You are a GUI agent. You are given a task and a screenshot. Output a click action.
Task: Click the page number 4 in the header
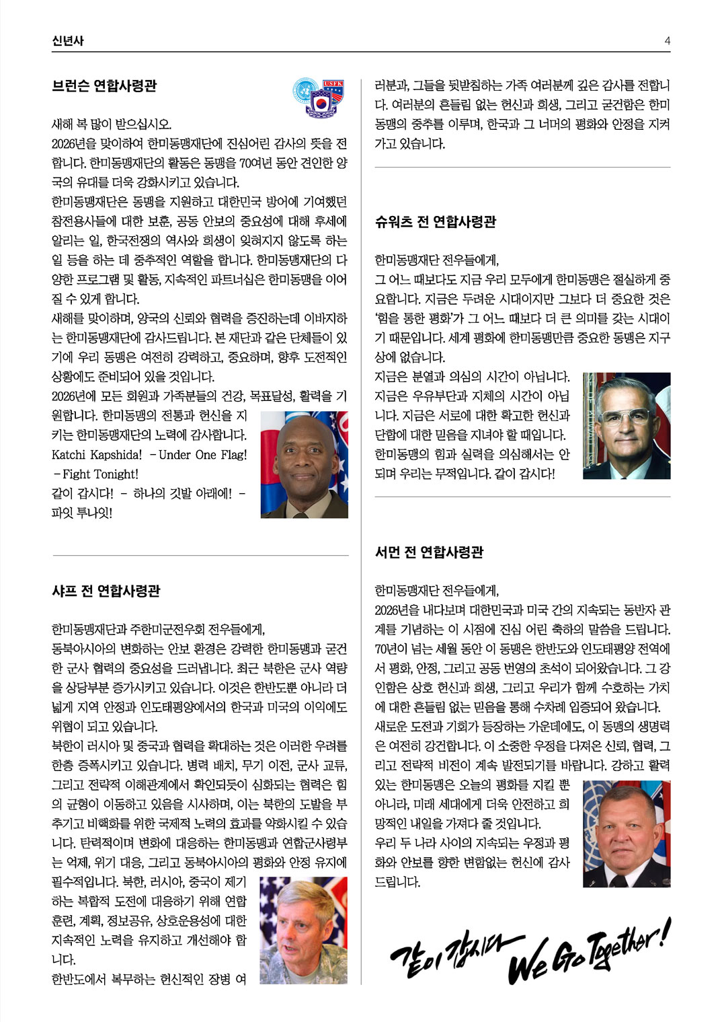click(667, 41)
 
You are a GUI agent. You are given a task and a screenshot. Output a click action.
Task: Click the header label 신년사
click(68, 41)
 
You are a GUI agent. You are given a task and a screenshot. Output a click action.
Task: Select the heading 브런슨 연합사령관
click(104, 86)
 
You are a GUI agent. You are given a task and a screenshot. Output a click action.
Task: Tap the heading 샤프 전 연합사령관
click(106, 591)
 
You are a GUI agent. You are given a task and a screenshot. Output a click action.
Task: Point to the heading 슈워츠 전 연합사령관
click(435, 222)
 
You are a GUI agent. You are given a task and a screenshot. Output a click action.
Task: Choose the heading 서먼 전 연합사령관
click(429, 552)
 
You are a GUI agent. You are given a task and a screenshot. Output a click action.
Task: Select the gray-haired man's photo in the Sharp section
click(304, 930)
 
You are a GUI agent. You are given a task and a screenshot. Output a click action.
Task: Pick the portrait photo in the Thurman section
click(627, 834)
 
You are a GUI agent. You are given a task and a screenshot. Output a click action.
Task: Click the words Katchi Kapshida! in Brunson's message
click(97, 455)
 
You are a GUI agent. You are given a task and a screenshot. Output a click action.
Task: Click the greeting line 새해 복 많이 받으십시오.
click(112, 124)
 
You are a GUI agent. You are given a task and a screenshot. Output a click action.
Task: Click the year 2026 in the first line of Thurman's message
click(387, 611)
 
